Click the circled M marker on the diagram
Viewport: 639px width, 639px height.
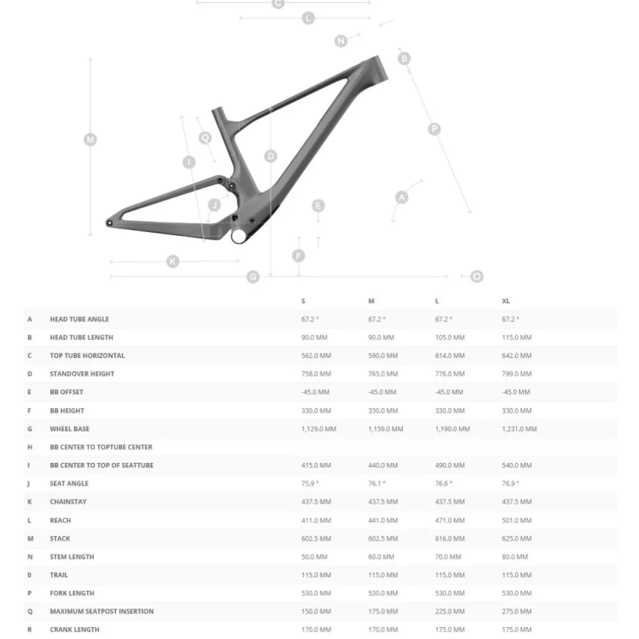90,140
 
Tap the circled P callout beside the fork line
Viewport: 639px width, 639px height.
434,129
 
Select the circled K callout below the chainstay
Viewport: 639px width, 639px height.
173,261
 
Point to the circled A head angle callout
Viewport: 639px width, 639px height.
402,198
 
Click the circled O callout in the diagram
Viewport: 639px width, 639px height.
477,276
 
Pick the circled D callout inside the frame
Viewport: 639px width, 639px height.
271,156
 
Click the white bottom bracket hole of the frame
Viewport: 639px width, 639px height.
239,235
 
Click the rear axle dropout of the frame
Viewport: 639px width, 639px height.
110,223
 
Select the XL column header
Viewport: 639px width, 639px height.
506,301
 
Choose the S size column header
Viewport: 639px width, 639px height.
303,301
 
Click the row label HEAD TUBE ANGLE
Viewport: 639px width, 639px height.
80,319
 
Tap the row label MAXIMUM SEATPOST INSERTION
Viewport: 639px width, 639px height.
102,612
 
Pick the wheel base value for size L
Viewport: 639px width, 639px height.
453,429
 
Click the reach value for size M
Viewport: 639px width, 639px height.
383,520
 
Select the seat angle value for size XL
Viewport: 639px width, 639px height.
511,483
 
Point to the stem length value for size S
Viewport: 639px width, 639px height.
314,557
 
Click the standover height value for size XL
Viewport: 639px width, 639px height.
516,374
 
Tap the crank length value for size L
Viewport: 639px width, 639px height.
450,630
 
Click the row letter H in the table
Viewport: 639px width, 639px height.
30,447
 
